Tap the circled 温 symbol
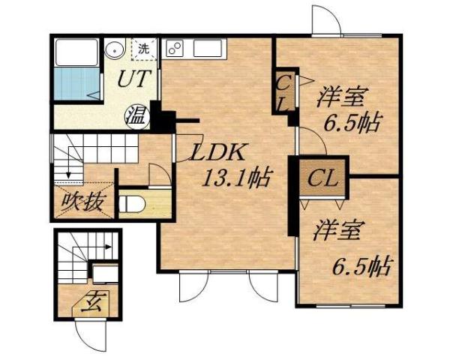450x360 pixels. [136, 115]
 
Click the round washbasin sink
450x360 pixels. [114, 50]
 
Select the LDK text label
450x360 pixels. [217, 153]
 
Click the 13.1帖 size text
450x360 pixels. [238, 179]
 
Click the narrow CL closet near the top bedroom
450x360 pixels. [284, 92]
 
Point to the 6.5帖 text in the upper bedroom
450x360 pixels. [352, 123]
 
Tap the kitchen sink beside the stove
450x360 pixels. [207, 49]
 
